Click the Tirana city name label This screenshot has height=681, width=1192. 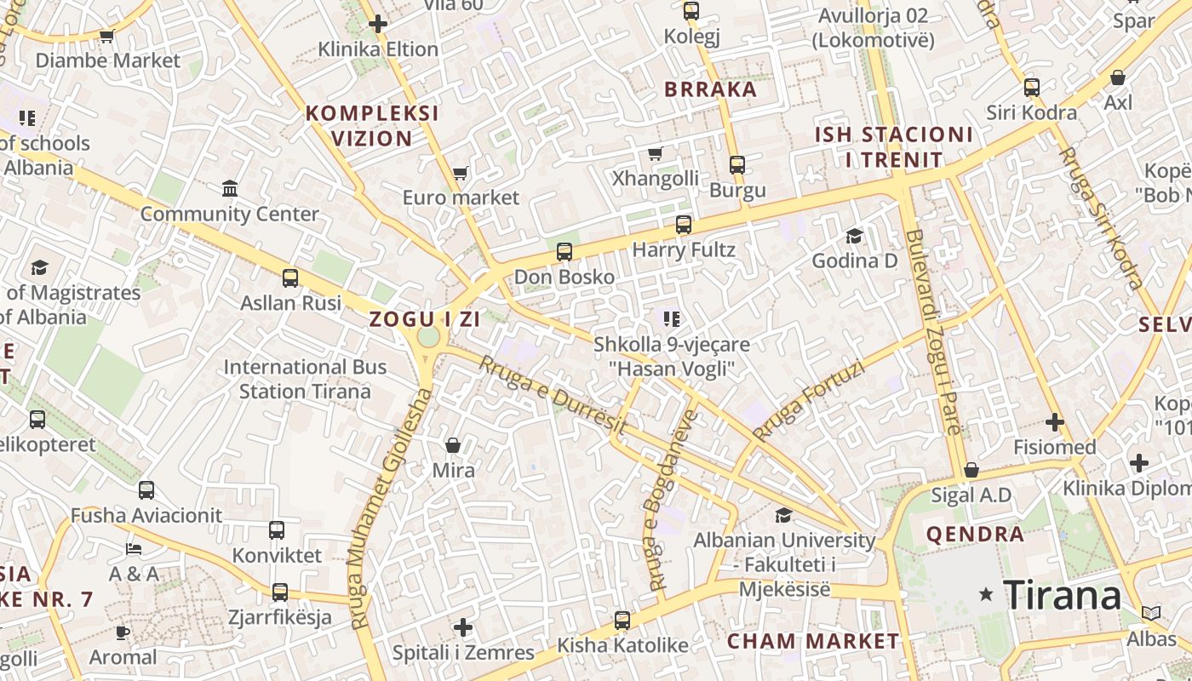[x=1063, y=595]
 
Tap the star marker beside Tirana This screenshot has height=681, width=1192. [x=987, y=594]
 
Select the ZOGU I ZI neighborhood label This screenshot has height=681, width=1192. [x=424, y=320]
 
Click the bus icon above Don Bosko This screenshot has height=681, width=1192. [x=564, y=252]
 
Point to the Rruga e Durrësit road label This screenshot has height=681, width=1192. [x=553, y=396]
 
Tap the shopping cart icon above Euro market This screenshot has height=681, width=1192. [x=460, y=174]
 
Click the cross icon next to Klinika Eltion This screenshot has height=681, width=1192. [x=378, y=24]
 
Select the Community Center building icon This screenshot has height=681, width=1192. [x=229, y=188]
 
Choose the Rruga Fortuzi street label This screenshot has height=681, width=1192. [x=808, y=401]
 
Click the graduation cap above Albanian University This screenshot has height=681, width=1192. [x=782, y=515]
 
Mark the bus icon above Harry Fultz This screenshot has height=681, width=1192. [x=683, y=225]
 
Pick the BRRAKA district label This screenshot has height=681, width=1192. [x=710, y=89]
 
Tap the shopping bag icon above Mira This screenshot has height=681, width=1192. [x=453, y=445]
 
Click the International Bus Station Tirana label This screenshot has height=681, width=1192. [x=305, y=380]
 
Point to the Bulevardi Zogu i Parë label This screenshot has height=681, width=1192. [x=936, y=332]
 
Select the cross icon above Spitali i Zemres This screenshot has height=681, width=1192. [x=462, y=628]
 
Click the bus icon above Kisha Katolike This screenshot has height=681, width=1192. [x=622, y=621]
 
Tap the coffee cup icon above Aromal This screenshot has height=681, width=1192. [x=123, y=632]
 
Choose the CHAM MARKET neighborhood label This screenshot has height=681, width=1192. [x=812, y=641]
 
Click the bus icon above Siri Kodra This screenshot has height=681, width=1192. [x=1031, y=88]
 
